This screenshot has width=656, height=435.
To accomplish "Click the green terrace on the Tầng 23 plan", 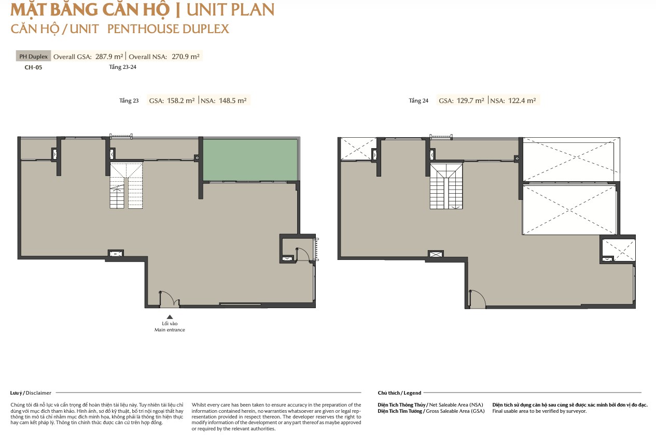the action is coord(250,160).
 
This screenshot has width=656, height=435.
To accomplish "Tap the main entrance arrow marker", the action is coord(170,317).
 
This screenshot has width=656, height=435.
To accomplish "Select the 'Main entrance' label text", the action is coord(170,330).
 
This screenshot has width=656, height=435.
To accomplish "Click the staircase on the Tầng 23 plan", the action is coord(126,185).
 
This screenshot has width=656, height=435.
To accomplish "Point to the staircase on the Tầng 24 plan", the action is coord(446,186).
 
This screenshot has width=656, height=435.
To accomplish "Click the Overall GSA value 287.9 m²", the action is coord(109,56).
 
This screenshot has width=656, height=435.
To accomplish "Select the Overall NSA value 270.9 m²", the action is coord(185,56).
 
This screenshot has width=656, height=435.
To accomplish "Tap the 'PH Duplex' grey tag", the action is coord(33,56).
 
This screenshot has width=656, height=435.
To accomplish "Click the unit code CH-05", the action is coord(33,67).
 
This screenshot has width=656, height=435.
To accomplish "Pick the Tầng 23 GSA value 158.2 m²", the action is coord(180,100).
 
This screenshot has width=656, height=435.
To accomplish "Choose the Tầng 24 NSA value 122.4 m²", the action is coord(522,100).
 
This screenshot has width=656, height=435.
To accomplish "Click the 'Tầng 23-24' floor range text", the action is coord(123,67).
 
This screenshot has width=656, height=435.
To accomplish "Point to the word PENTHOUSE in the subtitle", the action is coord(143,29).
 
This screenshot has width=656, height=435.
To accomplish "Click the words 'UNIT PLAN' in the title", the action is coord(230,10).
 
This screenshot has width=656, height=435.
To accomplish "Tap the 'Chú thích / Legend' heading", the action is coord(399,393).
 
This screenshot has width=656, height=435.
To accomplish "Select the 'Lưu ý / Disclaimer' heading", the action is coord(31,393).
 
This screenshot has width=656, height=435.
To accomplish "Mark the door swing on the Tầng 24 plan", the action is coord(477,299).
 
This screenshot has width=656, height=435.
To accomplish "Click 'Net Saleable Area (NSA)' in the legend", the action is coord(456,405).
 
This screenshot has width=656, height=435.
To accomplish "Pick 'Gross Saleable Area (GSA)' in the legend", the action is coord(455,411).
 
